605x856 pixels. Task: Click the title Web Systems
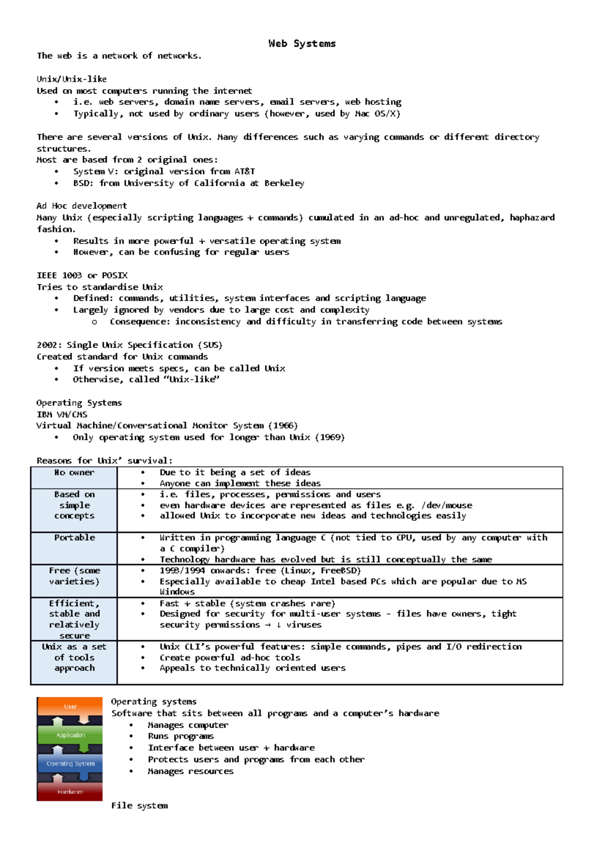click(x=302, y=43)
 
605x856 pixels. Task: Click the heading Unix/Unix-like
click(x=72, y=79)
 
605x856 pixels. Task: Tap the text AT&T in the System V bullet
click(x=245, y=171)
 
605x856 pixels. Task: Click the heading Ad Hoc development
click(x=82, y=206)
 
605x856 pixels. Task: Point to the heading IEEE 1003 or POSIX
click(x=82, y=275)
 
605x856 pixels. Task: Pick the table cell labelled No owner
click(x=74, y=473)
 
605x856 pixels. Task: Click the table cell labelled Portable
click(x=74, y=538)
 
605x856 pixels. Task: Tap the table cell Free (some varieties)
click(x=74, y=576)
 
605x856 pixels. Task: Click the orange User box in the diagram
click(x=70, y=706)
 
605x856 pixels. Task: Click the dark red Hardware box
click(x=70, y=791)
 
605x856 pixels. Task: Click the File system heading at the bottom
click(x=140, y=806)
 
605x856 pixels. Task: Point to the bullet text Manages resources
click(x=191, y=771)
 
